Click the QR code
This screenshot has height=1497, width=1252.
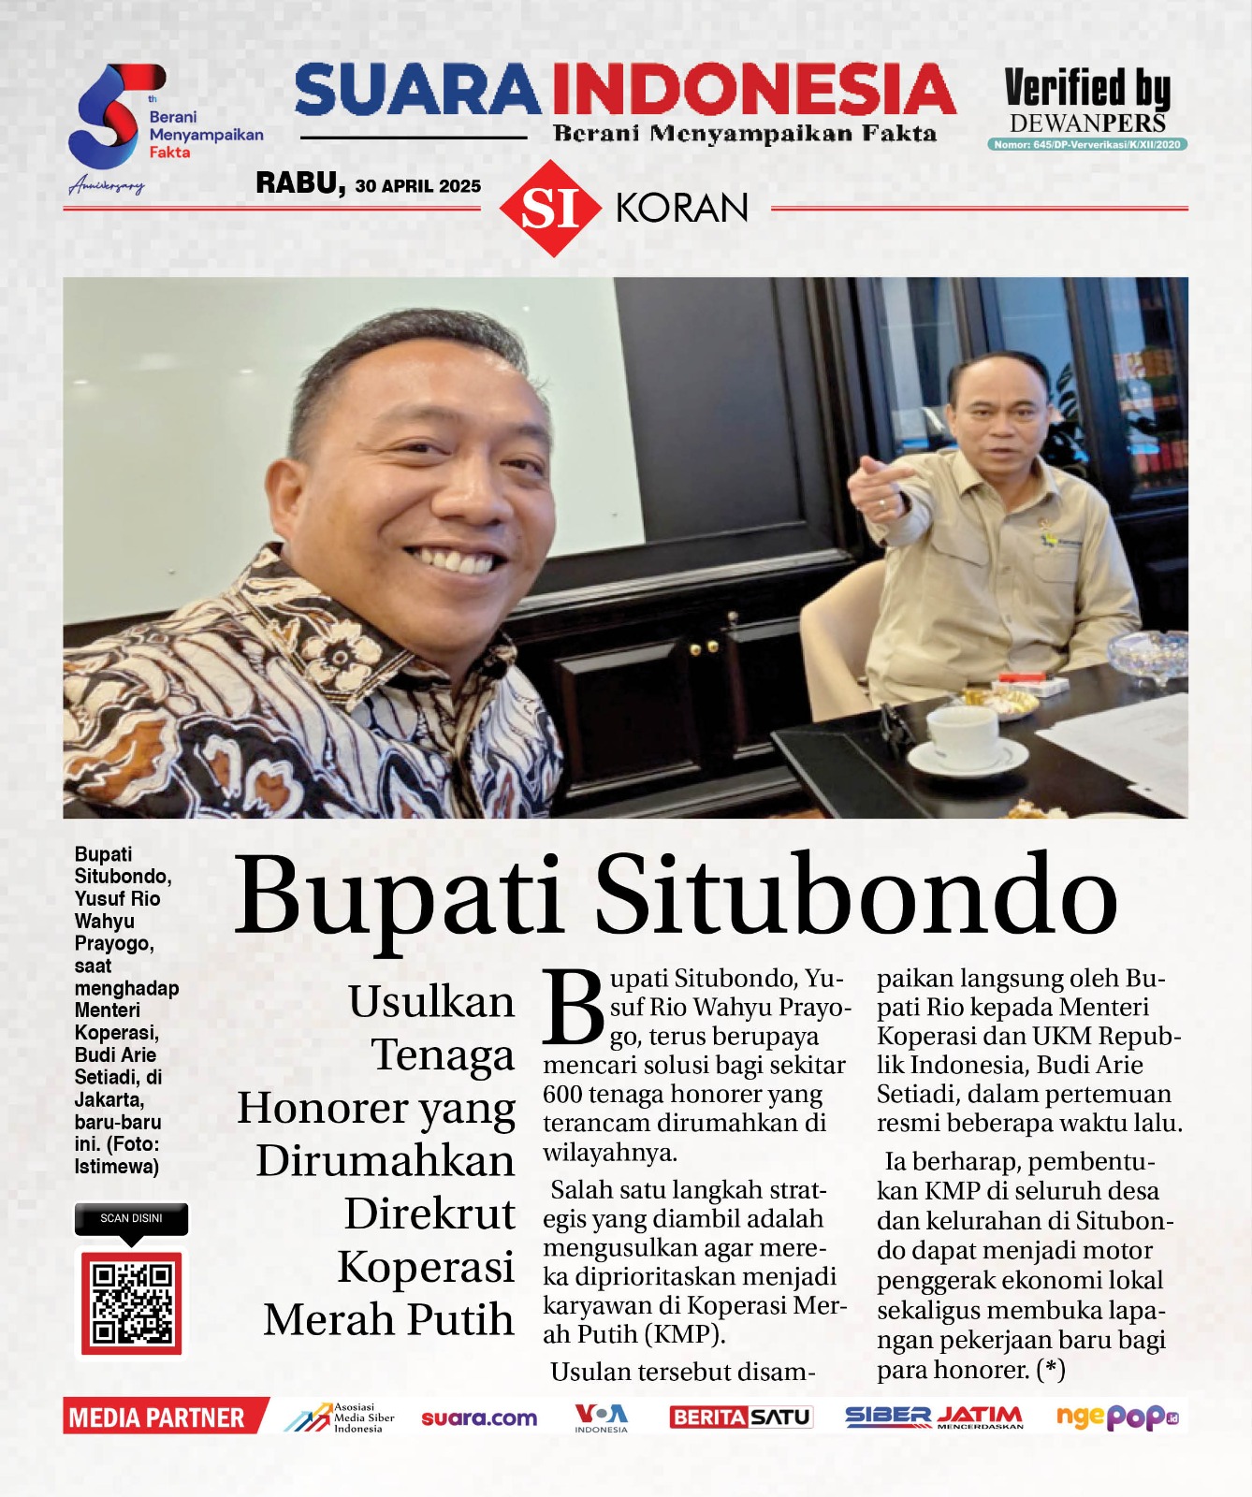click(131, 1302)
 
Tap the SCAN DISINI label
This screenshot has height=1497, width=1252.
click(131, 1218)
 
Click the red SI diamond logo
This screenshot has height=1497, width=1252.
click(550, 208)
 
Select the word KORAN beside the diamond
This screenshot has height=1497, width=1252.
click(681, 208)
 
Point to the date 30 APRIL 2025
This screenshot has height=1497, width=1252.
click(417, 186)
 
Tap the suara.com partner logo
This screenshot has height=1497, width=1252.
click(479, 1417)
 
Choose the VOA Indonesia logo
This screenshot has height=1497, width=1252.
click(601, 1417)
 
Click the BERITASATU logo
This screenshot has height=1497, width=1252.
click(740, 1417)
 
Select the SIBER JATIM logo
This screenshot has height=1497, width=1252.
click(933, 1417)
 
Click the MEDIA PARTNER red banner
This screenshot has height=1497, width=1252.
click(157, 1417)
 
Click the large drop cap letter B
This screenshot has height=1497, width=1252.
click(574, 1007)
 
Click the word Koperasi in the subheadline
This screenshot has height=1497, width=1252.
click(426, 1267)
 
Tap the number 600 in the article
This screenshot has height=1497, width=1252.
click(564, 1094)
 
